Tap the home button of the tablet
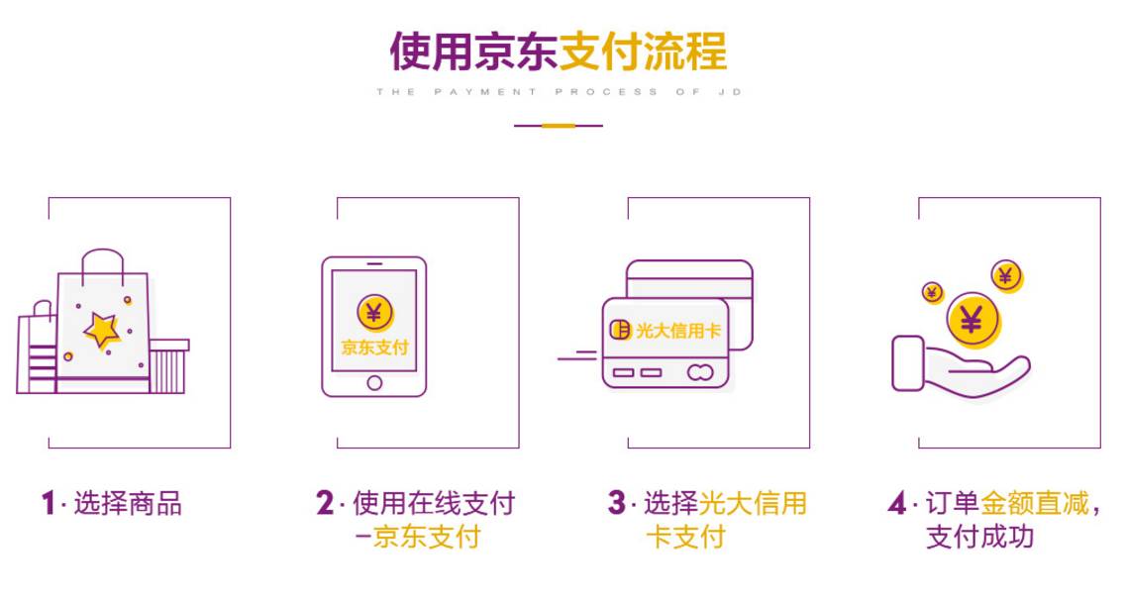click(373, 383)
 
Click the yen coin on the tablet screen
click(374, 313)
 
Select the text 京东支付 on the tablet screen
click(374, 348)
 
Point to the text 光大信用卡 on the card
click(677, 331)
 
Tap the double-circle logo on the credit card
click(700, 372)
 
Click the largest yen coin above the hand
click(973, 321)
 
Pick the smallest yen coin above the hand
click(932, 292)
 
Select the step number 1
click(49, 503)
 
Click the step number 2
click(325, 503)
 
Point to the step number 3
click(617, 503)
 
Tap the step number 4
click(897, 503)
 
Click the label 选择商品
click(128, 503)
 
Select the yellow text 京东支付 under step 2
click(427, 537)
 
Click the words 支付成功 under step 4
click(979, 537)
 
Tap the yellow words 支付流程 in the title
click(644, 51)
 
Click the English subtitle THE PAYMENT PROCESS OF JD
click(559, 92)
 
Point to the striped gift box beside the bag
click(169, 366)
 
